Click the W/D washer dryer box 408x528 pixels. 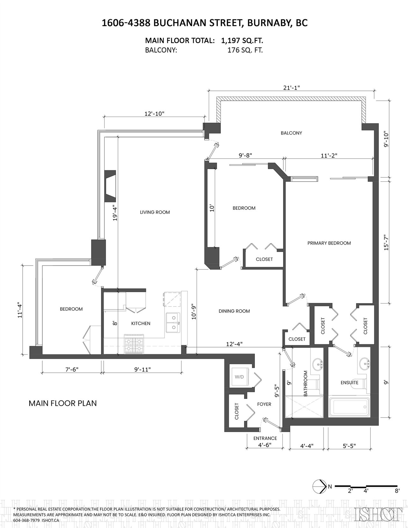coord(239,377)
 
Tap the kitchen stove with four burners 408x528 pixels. coord(134,344)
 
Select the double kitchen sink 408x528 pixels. coord(173,323)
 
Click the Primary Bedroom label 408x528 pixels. coord(329,243)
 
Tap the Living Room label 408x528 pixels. coord(155,212)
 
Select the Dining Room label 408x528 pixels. coord(234,311)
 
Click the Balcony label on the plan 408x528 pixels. coord(291,133)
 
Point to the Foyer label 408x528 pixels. coord(264,404)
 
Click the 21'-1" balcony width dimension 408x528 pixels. coord(291,88)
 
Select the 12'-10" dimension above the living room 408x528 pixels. coord(155,114)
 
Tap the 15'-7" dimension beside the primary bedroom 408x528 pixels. coord(386,242)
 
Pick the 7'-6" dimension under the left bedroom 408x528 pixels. coord(71,369)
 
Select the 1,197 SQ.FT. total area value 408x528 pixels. coord(242,40)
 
